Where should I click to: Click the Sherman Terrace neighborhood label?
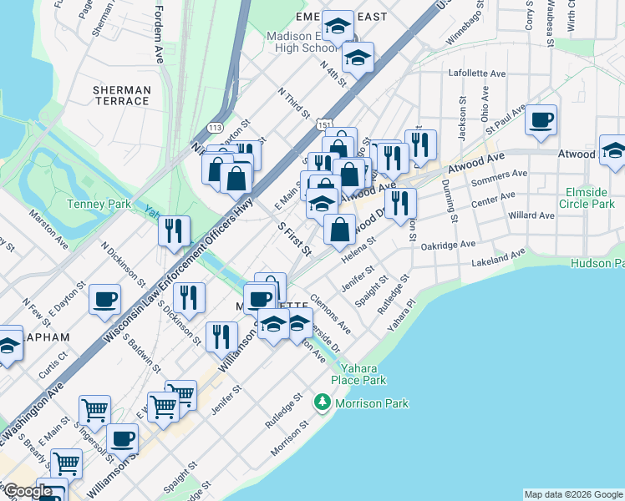(121, 95)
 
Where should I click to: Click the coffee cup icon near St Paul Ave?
(541, 119)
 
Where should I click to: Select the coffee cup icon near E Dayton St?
(105, 299)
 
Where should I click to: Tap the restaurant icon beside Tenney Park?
(174, 230)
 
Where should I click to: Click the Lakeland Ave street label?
(501, 257)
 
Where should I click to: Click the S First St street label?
(294, 238)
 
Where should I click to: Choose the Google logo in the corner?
(28, 491)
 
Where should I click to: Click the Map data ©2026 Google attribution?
(573, 494)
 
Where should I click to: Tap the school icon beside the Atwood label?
(612, 150)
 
